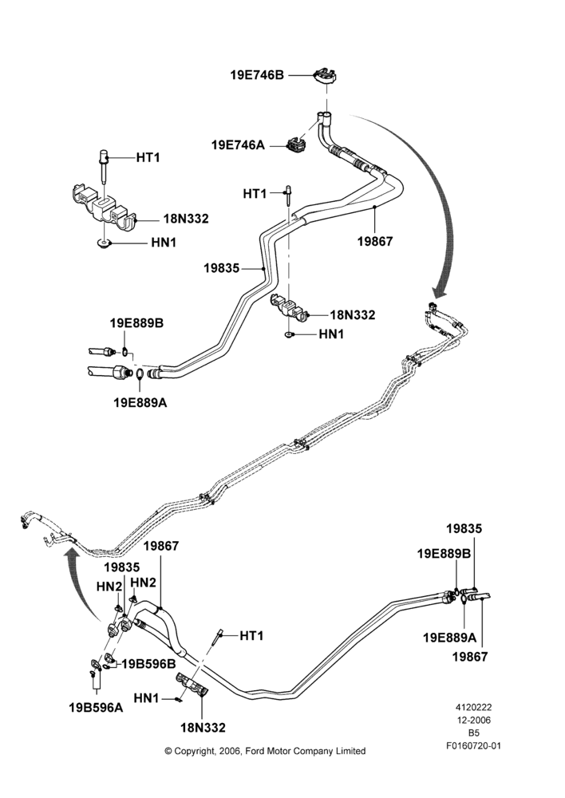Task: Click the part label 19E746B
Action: click(257, 75)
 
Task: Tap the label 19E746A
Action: click(238, 145)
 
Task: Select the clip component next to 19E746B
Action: click(326, 75)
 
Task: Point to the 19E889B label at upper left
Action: click(136, 323)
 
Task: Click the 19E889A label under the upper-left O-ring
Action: click(140, 402)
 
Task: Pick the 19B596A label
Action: click(97, 707)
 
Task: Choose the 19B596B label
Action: click(148, 664)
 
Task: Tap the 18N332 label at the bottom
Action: click(203, 728)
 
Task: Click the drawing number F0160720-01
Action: click(474, 746)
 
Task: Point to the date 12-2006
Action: click(473, 720)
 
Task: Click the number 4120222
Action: click(473, 707)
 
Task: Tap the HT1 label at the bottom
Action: click(251, 636)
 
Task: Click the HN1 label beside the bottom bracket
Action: click(146, 698)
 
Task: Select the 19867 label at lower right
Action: click(470, 657)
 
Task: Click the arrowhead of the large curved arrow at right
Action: click(441, 291)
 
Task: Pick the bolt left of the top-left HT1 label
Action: click(103, 167)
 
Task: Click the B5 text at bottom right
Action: click(474, 733)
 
